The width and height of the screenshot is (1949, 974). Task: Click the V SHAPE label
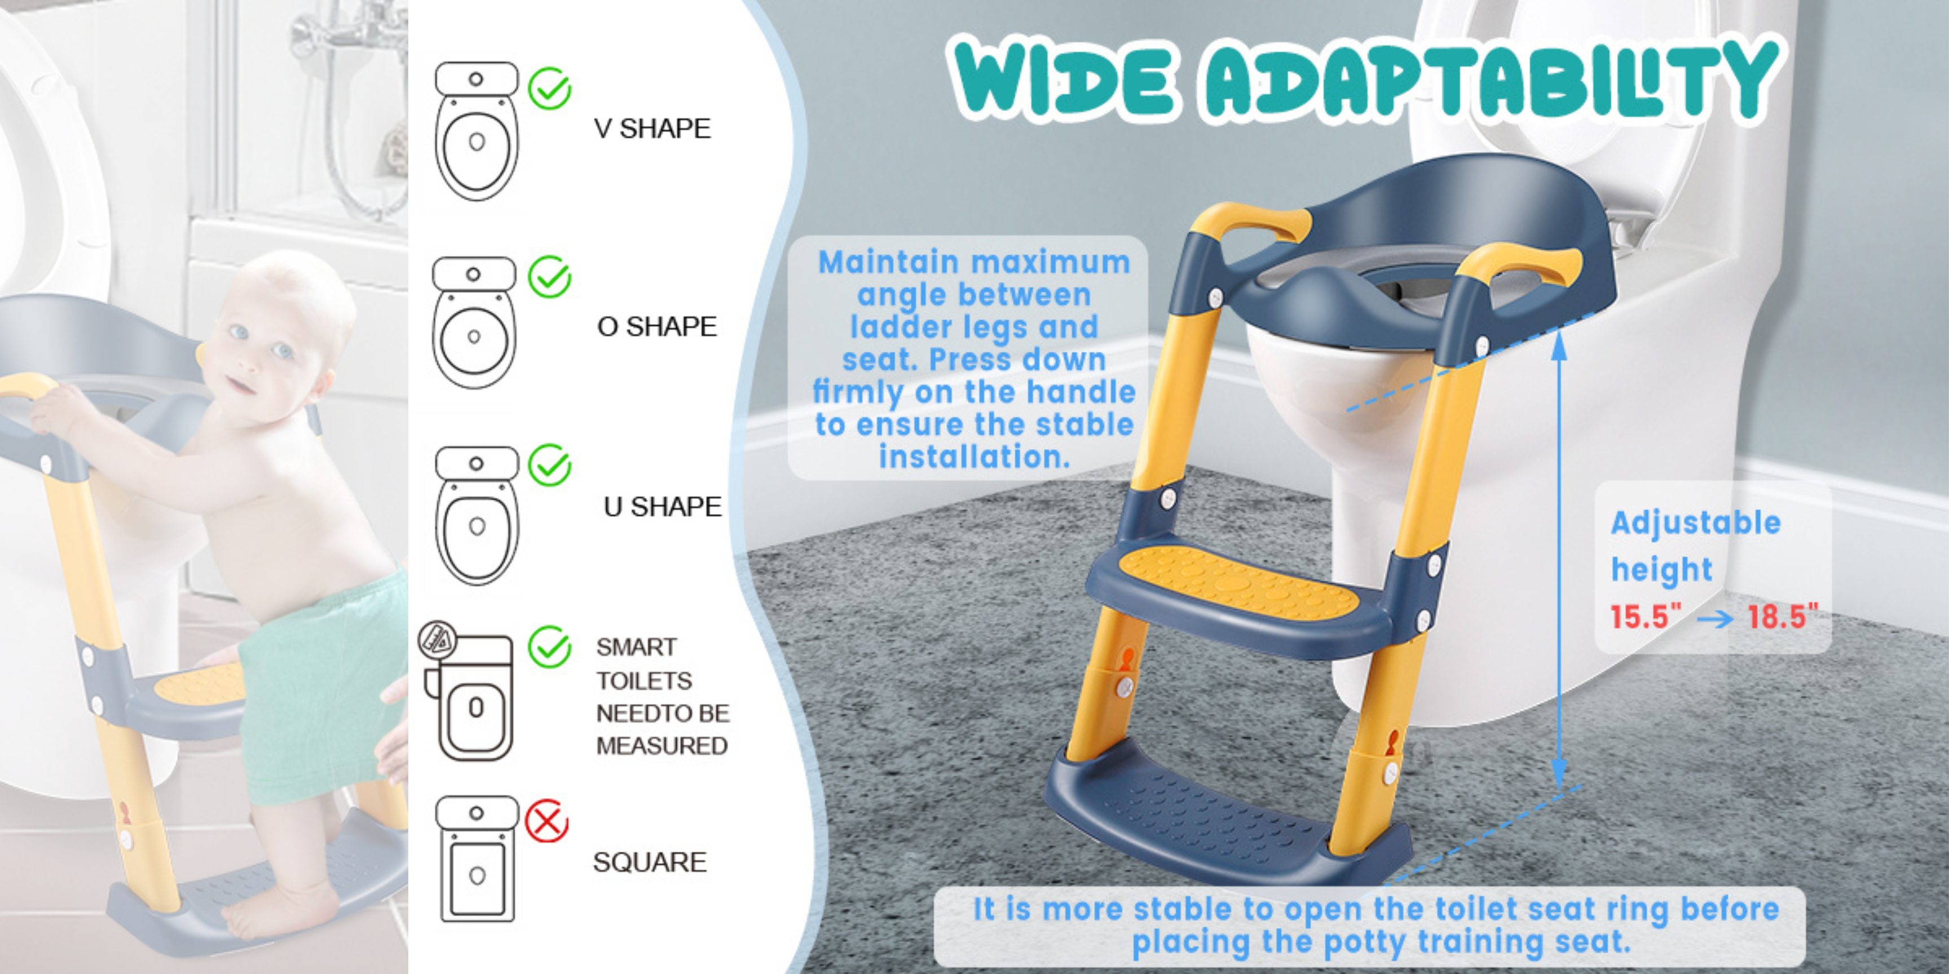652,129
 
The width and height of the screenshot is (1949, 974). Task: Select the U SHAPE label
662,507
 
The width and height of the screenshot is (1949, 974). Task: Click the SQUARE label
649,862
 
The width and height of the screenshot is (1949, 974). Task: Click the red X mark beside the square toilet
547,821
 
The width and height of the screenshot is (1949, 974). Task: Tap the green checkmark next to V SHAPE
550,88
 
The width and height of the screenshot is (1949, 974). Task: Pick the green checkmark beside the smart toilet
550,647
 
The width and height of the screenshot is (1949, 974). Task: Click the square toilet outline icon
477,859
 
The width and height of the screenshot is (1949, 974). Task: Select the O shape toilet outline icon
474,323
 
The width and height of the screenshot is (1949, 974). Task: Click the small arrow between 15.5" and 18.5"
1714,618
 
